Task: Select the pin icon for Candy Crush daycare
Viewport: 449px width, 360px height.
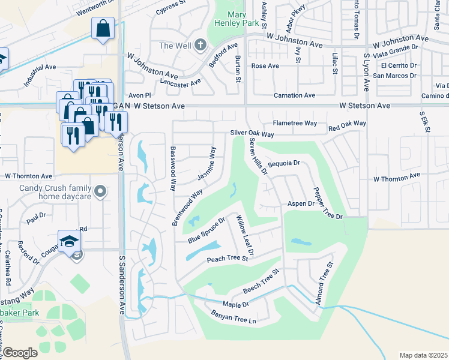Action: coord(101,192)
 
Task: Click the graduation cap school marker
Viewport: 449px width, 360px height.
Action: coord(70,241)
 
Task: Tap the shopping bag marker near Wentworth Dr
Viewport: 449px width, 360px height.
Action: coord(103,28)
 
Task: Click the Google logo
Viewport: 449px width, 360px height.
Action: coord(20,353)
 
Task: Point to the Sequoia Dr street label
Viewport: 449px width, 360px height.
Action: coord(284,163)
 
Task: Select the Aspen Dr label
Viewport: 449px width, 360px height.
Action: coord(301,204)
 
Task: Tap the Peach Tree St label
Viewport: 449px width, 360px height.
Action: coord(227,259)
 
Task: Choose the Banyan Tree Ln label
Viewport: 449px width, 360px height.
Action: coord(234,317)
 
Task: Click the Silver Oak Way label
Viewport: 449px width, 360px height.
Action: coord(252,134)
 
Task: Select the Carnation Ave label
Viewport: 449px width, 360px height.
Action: coord(294,95)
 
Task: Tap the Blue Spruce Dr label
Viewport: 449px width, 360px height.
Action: coord(205,230)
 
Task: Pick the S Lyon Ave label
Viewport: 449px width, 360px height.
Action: coord(366,72)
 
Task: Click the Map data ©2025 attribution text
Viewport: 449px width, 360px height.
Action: coord(423,355)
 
